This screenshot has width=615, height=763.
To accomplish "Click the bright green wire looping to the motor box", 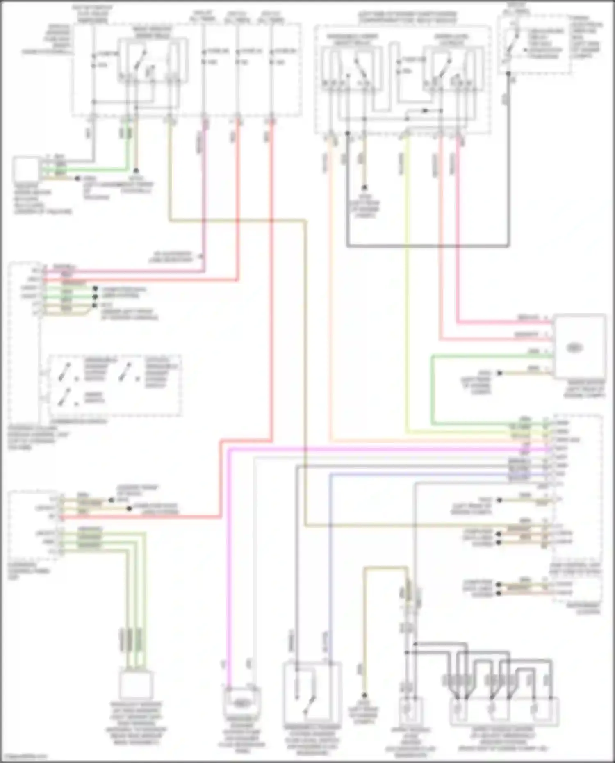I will (432, 389).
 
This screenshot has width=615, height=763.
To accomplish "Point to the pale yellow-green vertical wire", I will (407, 287).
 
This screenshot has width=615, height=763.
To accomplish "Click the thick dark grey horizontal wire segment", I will (426, 246).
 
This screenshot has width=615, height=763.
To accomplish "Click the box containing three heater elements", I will (504, 711).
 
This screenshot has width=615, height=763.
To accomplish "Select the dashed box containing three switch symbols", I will (115, 385).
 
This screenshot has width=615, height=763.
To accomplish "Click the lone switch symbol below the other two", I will (66, 398).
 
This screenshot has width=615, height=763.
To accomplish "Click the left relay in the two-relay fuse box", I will (352, 68).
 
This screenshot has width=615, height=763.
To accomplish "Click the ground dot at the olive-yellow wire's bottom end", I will (364, 696).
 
